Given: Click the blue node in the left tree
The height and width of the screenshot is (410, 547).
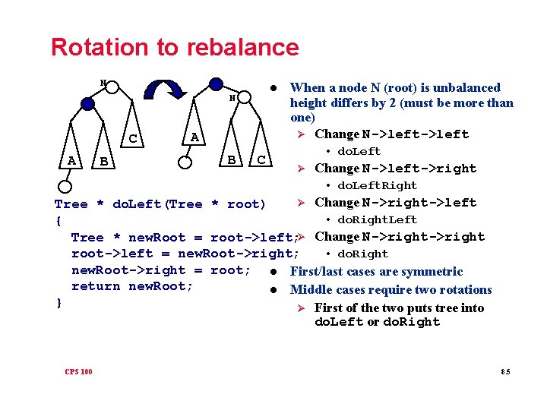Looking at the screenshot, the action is pyautogui.click(x=88, y=103).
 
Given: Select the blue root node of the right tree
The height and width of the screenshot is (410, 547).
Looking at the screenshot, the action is pyautogui.click(x=216, y=83).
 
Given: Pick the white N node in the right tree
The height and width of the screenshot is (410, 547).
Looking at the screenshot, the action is pyautogui.click(x=235, y=99).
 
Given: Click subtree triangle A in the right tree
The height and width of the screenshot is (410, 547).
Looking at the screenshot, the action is pyautogui.click(x=194, y=137).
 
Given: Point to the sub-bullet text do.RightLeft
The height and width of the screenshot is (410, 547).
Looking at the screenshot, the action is pyautogui.click(x=377, y=220).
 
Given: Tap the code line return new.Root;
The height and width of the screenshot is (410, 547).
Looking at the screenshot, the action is pyautogui.click(x=132, y=286).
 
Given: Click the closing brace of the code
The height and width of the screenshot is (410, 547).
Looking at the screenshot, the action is pyautogui.click(x=58, y=302).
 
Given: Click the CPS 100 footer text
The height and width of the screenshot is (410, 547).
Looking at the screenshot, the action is pyautogui.click(x=79, y=371).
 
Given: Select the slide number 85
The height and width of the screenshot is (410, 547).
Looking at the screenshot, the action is pyautogui.click(x=505, y=371).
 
